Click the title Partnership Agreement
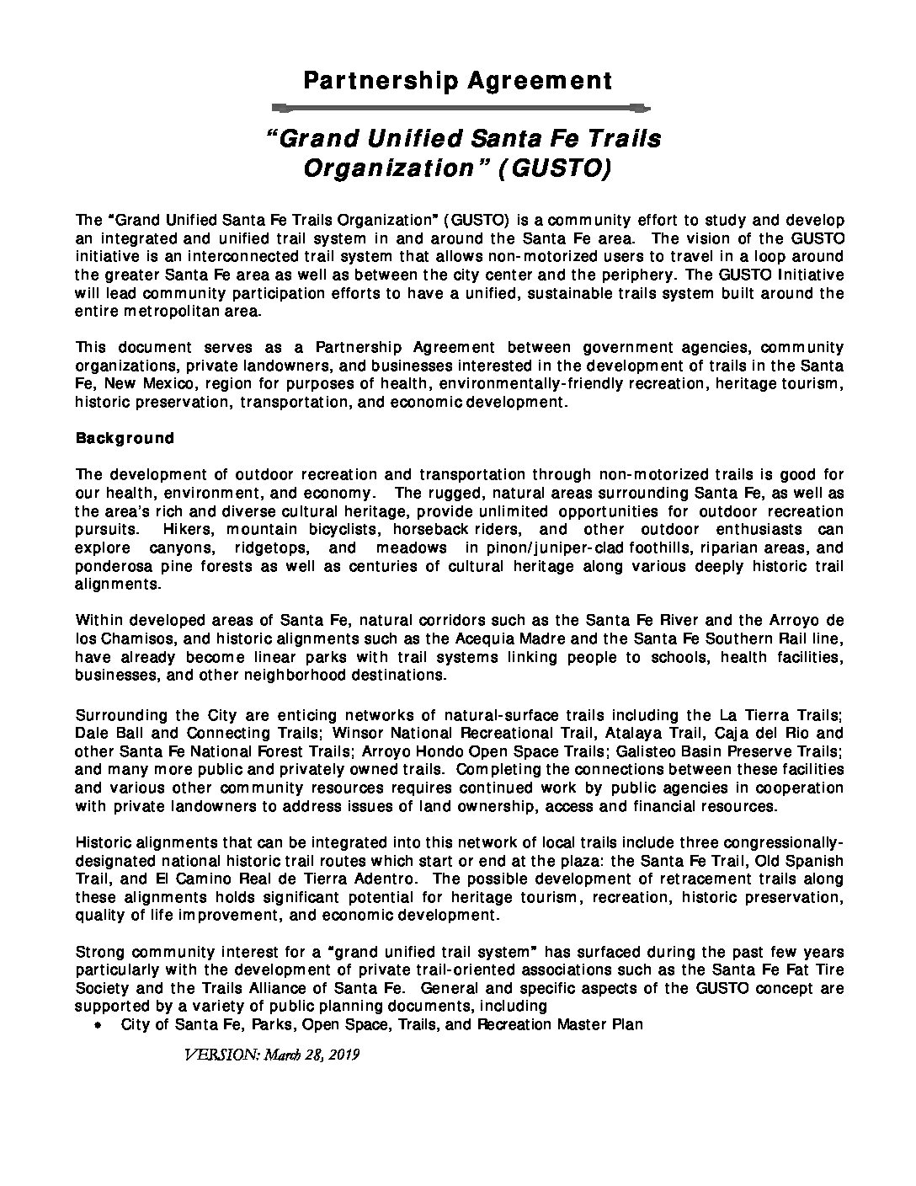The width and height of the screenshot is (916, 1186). (x=457, y=81)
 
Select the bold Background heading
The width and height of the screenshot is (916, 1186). (x=125, y=438)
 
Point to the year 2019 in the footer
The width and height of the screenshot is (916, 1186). (x=343, y=1055)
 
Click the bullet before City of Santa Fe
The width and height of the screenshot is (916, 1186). (x=99, y=1026)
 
